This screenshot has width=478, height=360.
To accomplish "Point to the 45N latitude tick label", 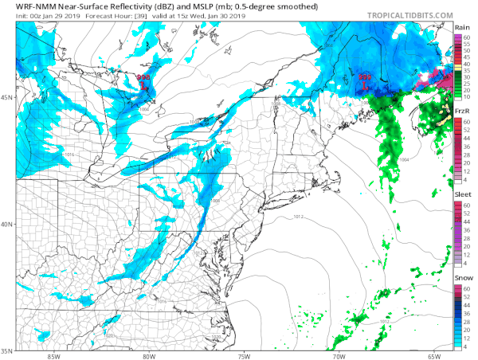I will [x=6, y=98].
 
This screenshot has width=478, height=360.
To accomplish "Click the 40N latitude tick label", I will [x=6, y=224].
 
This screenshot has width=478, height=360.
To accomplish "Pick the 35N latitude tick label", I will [x=6, y=350].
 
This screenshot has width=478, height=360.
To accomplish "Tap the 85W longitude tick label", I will [x=53, y=355].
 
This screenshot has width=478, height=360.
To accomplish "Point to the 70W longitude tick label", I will [x=339, y=355].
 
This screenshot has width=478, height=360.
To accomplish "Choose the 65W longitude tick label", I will [x=433, y=355].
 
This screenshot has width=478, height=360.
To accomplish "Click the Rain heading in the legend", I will [x=461, y=27].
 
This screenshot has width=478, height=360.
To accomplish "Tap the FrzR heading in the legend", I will [x=461, y=111].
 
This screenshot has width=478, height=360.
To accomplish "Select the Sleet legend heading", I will [x=462, y=194].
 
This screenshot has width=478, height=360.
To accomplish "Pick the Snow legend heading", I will [x=462, y=276].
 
